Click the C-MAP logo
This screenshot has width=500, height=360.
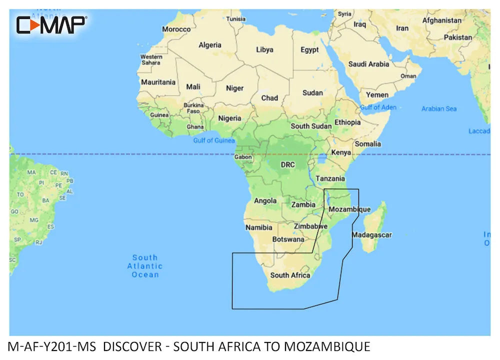(x=51, y=24)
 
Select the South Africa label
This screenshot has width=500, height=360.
(x=290, y=275)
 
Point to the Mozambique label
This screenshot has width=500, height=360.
(x=350, y=209)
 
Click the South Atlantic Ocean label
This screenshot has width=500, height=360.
(x=145, y=266)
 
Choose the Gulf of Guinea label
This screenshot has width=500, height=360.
(x=214, y=140)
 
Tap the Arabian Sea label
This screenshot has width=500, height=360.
(x=438, y=108)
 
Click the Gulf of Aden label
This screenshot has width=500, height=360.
(x=378, y=107)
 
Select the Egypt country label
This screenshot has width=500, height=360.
(x=309, y=50)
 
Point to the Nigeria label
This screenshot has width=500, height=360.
(x=229, y=118)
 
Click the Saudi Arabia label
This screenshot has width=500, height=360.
(x=368, y=64)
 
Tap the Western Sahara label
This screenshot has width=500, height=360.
(x=151, y=60)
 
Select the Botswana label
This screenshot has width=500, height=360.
(x=288, y=239)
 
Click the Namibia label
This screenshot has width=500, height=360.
(x=259, y=227)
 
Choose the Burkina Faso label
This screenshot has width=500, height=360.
(x=193, y=108)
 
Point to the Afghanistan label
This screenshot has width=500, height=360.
(x=441, y=20)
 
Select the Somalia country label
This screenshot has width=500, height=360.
(x=367, y=144)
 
